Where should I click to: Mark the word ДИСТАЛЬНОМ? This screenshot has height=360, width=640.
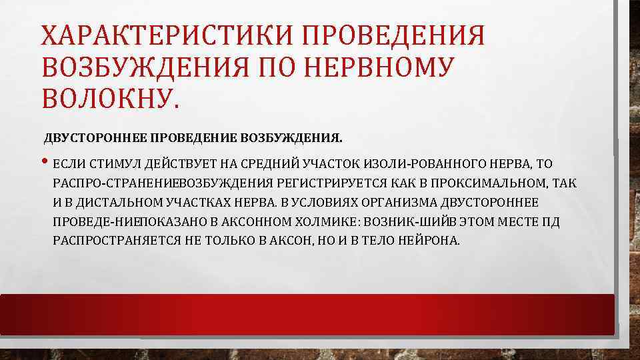pos(101,202)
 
